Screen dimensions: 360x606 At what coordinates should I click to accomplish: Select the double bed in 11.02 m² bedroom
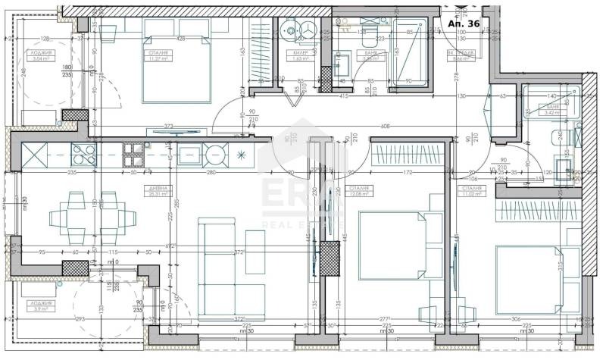[x=530, y=273]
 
